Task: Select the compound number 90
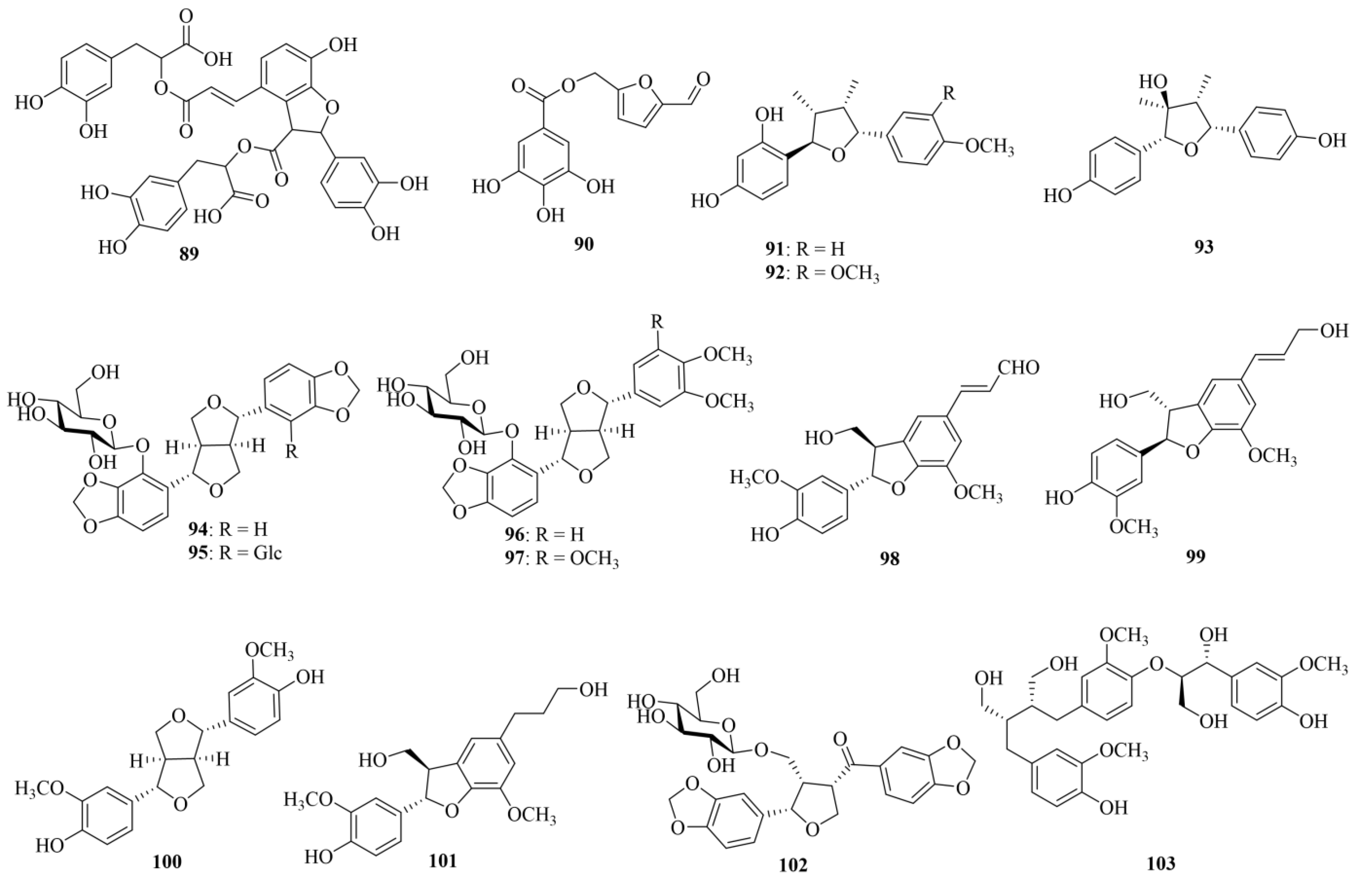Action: point(584,244)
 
